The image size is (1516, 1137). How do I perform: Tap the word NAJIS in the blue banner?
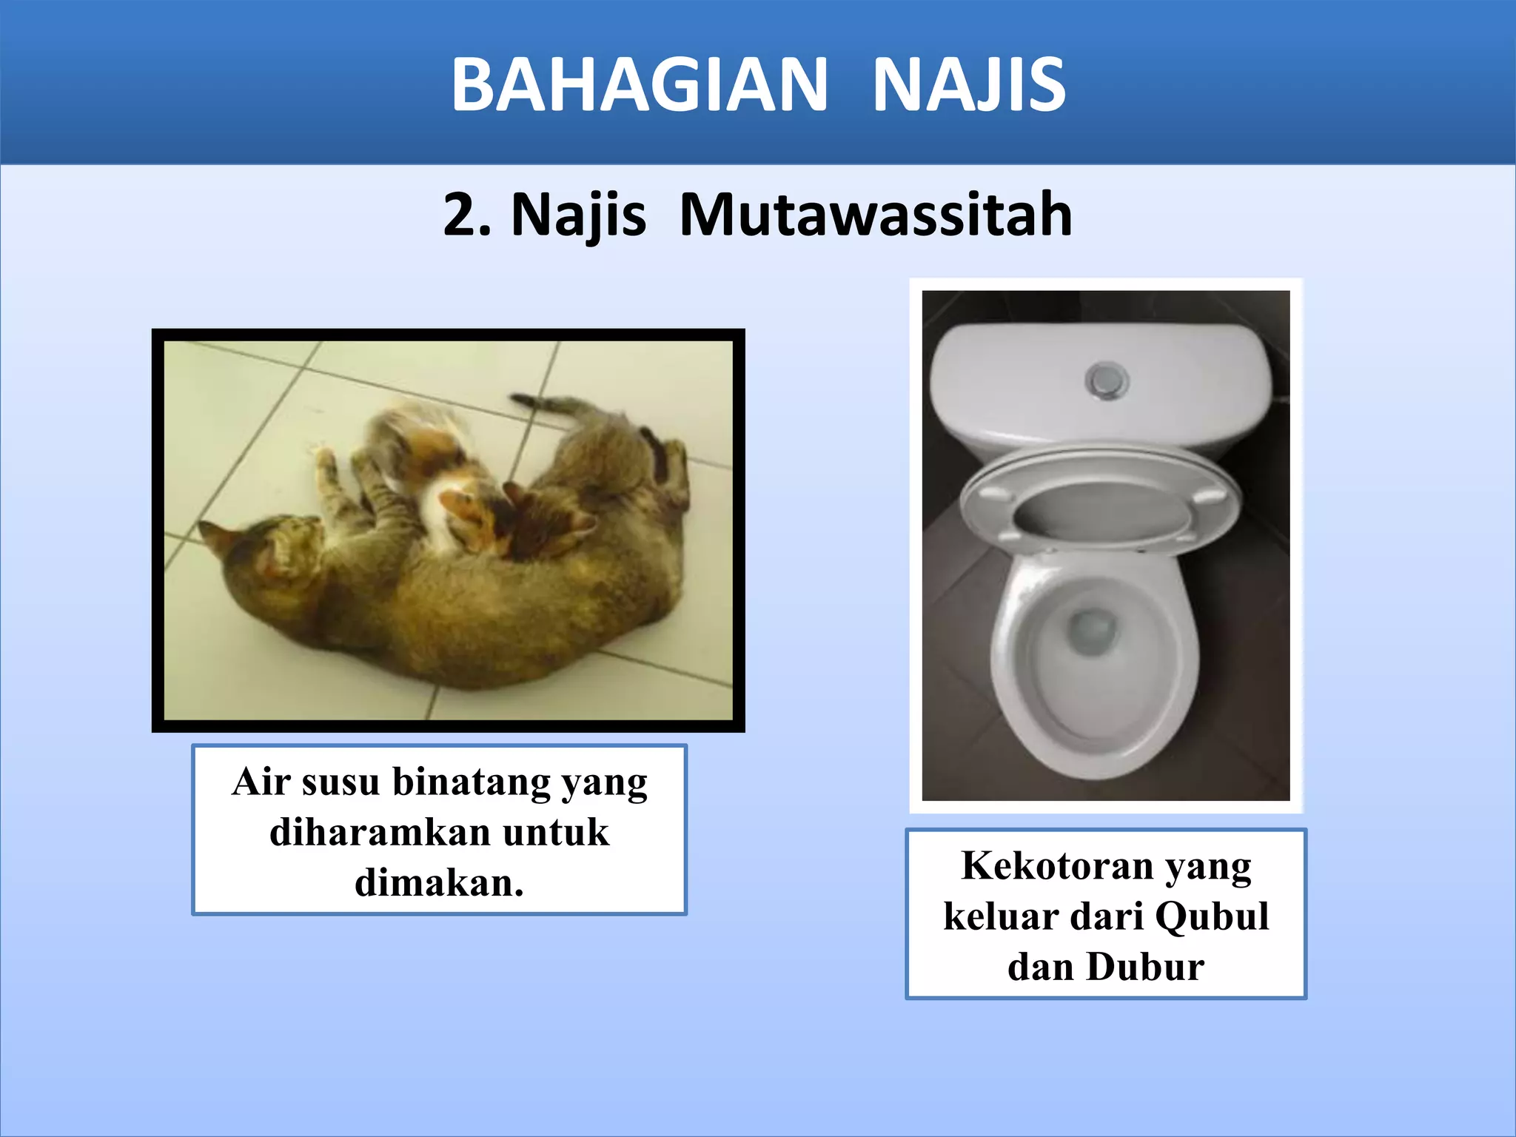(x=969, y=85)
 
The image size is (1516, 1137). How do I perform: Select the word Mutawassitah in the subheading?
(x=875, y=215)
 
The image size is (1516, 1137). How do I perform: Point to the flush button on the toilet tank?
(x=1107, y=380)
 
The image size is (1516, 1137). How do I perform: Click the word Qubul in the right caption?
(x=1212, y=916)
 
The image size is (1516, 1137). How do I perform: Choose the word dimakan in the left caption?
(x=437, y=883)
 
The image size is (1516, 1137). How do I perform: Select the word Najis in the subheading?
(x=578, y=215)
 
